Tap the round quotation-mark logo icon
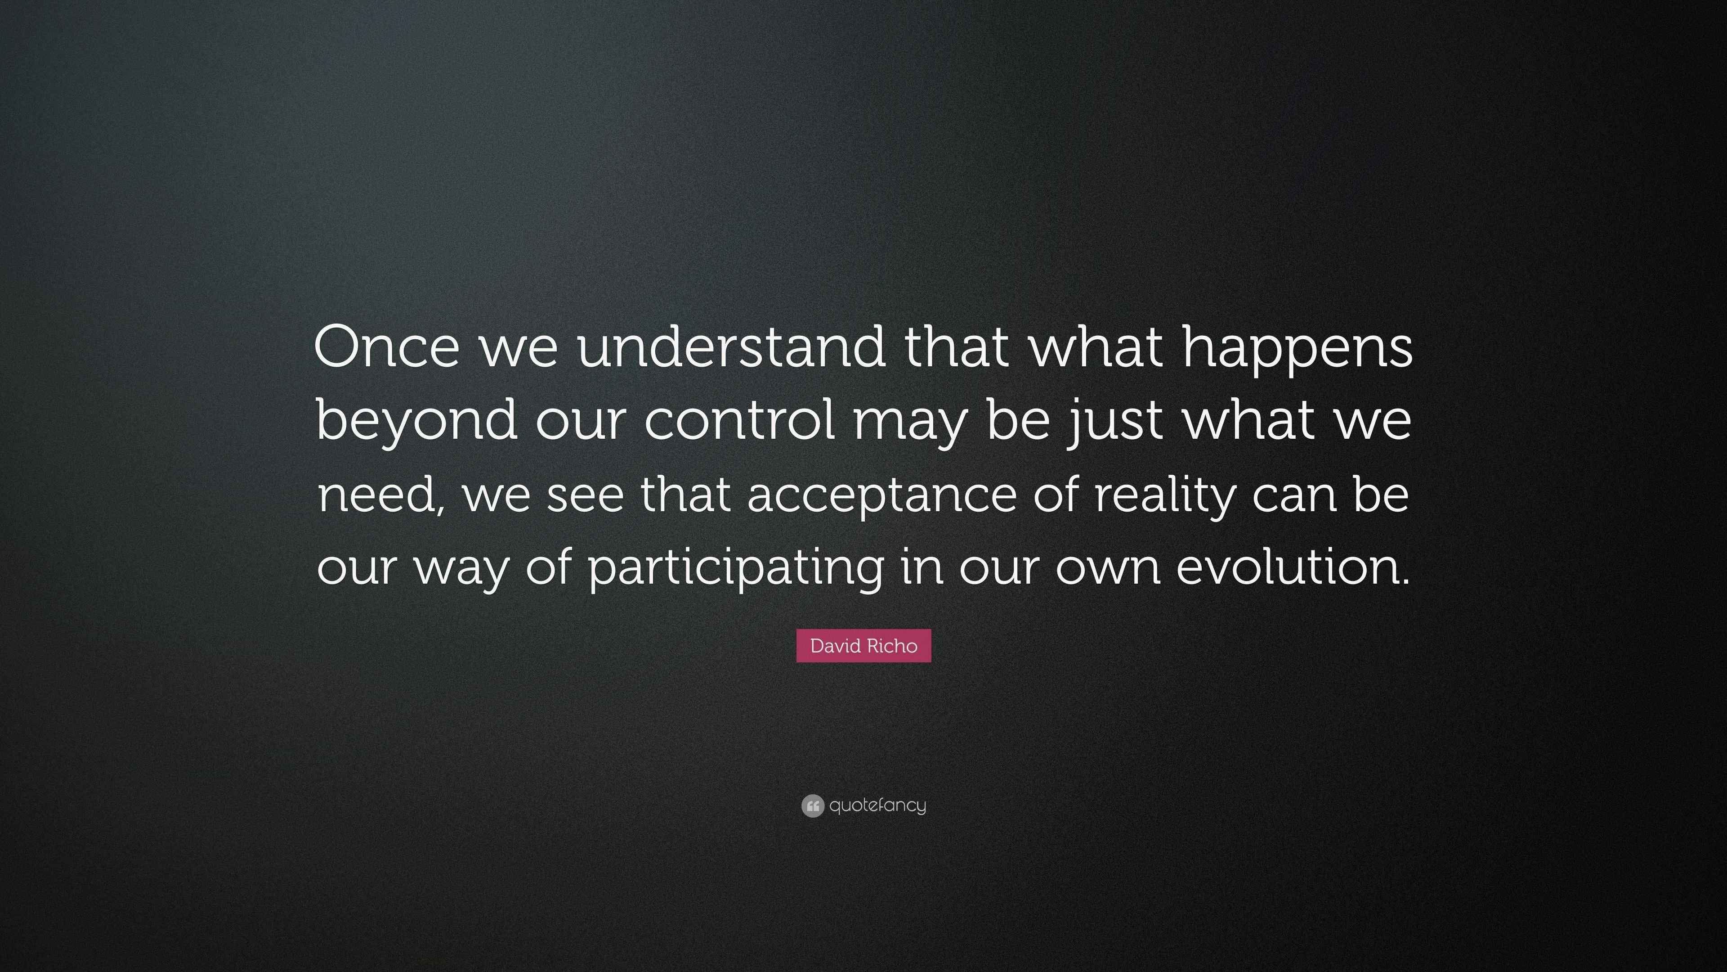point(813,805)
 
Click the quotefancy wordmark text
point(877,805)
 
